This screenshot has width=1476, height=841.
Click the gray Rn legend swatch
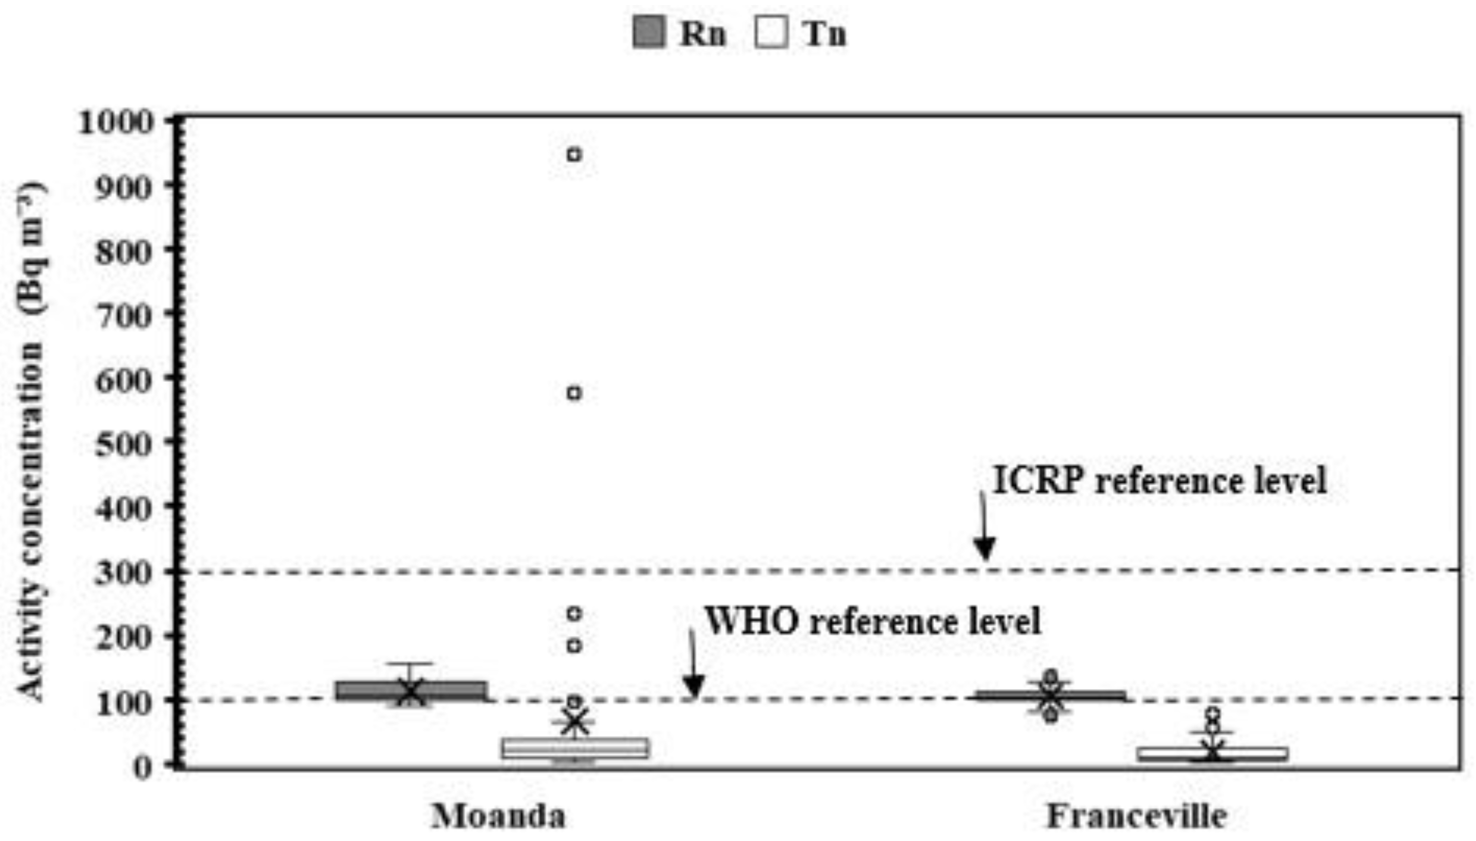tap(649, 32)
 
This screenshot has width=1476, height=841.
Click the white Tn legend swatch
tap(771, 32)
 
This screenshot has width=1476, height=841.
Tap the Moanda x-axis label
tap(499, 816)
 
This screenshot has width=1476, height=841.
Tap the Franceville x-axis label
tap(1137, 816)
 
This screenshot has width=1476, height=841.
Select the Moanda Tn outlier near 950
tap(573, 155)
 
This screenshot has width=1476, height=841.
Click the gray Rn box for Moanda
tap(411, 691)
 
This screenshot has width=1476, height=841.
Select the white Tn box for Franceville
tap(1214, 754)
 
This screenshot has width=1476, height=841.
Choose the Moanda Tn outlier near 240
tap(573, 613)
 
